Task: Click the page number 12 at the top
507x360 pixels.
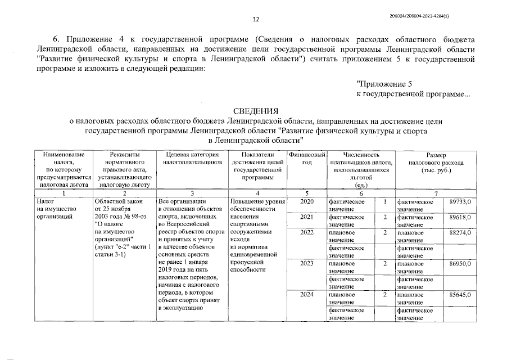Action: (x=256, y=20)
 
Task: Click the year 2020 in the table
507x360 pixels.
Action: (x=307, y=201)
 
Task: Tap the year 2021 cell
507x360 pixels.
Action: (x=307, y=217)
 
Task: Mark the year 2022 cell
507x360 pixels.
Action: (x=307, y=232)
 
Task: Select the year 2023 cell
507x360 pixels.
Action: (x=307, y=263)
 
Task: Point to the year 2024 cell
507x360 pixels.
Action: (x=307, y=294)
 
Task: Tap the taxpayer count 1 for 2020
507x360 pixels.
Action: (x=385, y=201)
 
